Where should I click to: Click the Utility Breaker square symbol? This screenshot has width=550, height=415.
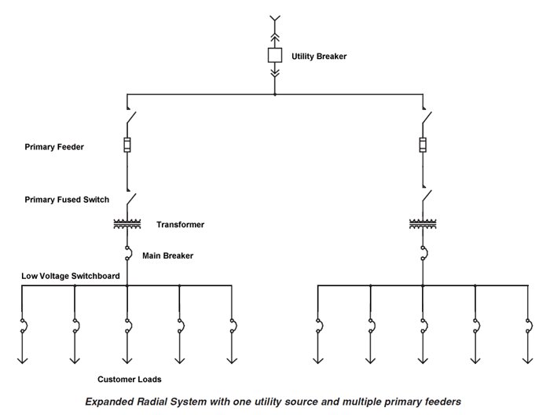coord(275,56)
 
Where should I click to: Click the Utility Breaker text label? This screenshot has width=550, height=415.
coord(319,57)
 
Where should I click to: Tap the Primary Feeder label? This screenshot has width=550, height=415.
coord(54,146)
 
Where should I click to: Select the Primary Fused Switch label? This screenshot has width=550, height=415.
coord(67,200)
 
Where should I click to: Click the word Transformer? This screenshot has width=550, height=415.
coord(180,225)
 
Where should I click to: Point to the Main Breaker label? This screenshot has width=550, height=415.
coord(167,255)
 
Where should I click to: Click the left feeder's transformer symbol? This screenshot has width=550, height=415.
coord(127,224)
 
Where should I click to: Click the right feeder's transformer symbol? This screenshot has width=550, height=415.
coord(423,224)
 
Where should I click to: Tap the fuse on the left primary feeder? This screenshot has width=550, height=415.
coord(127,145)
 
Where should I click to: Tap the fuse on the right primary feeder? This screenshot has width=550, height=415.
coord(423,145)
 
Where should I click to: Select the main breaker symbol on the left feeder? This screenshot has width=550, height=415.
coord(128,253)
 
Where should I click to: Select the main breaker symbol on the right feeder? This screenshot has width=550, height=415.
coord(423,253)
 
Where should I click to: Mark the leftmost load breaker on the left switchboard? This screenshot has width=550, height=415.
coord(23,325)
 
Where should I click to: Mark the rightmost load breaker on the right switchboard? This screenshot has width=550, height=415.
coord(528,325)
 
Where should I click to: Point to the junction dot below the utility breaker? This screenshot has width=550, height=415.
coord(275,95)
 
